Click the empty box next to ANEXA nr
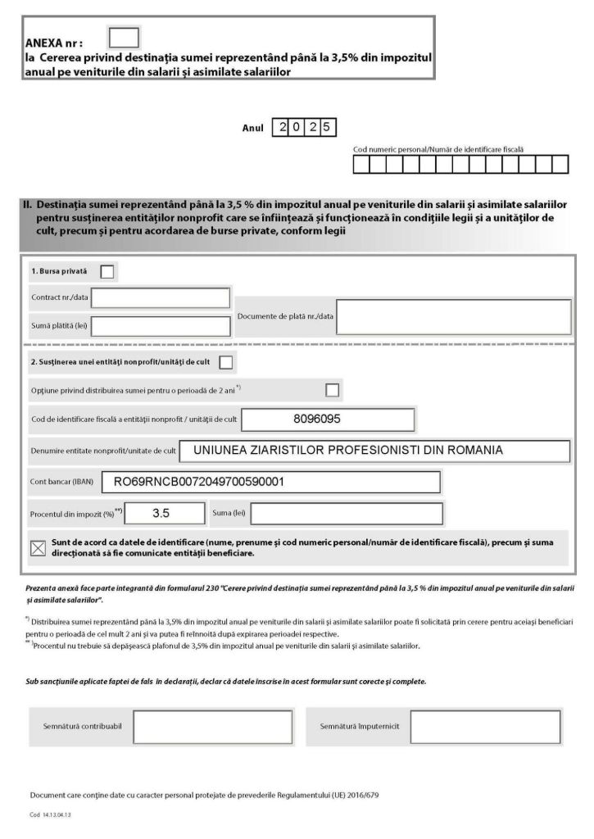124,38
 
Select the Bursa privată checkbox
107,271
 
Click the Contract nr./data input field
161,297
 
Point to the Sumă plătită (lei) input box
161,327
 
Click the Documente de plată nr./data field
453,316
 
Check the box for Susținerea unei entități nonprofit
226,361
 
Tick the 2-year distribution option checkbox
333,390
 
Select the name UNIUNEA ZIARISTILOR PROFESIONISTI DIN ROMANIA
348,450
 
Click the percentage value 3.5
161,514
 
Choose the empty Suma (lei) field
347,514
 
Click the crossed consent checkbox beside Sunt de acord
38,548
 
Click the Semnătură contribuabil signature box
213,727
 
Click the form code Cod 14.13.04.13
51,815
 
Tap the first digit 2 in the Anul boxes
282,128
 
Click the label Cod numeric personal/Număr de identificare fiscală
438,150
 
